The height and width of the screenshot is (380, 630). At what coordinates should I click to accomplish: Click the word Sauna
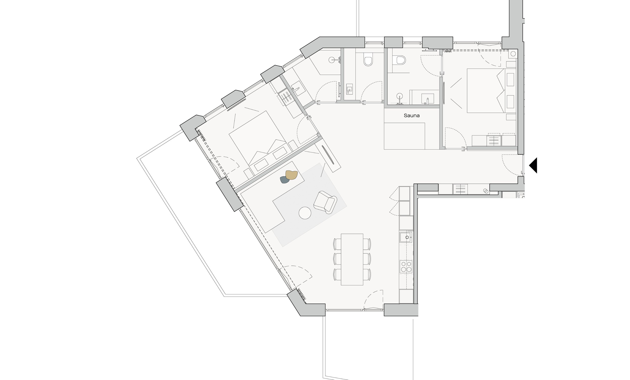[x=412, y=116]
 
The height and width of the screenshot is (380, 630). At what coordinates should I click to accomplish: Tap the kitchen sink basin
[x=406, y=237]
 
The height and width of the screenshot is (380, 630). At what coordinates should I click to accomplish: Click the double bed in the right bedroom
[x=491, y=91]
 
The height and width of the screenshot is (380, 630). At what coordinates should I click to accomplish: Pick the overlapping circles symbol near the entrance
[x=485, y=191]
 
